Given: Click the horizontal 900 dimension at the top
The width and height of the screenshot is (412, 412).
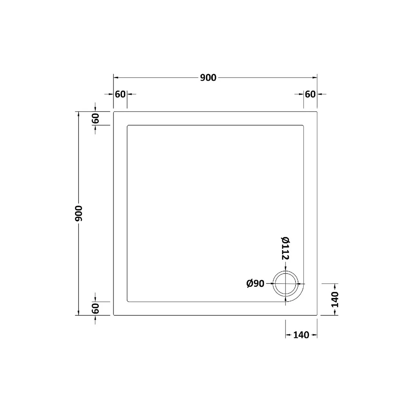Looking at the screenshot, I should coord(208,78).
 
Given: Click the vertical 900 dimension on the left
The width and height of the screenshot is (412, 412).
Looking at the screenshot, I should coord(79,213).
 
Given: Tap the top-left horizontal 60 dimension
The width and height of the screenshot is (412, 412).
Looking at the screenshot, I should coord(120,94).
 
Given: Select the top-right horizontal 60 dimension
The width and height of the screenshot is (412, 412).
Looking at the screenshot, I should coord(310,94).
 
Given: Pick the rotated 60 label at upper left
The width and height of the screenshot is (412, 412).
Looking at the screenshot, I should coord(96,118).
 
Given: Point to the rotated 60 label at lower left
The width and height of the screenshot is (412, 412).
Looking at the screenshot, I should coord(96,308).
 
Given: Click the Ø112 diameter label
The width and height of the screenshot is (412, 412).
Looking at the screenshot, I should coord(286,248).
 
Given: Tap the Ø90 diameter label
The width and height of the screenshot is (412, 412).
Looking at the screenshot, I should coord(255,284).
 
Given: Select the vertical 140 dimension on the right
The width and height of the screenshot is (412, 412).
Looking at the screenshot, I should coord(335,299).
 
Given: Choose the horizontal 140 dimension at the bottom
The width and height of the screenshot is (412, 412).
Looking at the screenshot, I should coord(301,335).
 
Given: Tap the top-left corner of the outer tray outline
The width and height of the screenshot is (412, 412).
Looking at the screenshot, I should coord(114,112).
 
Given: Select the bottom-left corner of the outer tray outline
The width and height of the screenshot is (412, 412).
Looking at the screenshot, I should coord(114,315).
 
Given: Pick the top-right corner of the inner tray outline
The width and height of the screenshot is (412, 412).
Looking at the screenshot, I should coord(303,126).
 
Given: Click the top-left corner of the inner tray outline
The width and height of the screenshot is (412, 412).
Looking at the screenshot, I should coord(128,126).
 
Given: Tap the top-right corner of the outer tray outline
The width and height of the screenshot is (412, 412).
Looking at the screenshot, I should coord(317,112).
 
